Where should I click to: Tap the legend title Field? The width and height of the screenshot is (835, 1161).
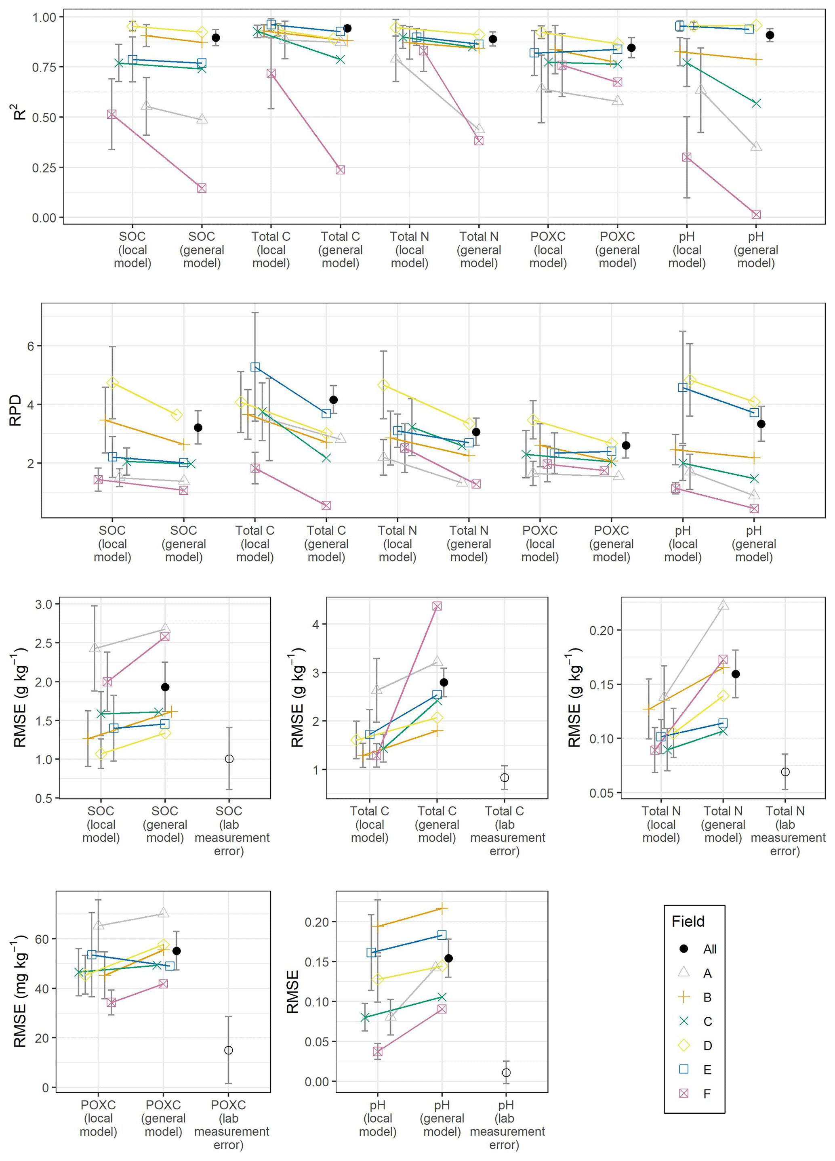688,922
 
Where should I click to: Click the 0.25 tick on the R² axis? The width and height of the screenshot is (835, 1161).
44,168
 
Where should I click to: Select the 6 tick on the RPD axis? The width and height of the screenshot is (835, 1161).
31,346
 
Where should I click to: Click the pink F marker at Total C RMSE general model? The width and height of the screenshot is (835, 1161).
437,606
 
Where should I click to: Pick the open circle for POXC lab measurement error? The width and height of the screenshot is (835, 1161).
229,1050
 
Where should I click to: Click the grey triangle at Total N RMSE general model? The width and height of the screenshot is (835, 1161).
723,605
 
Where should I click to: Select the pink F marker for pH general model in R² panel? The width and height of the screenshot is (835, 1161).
756,214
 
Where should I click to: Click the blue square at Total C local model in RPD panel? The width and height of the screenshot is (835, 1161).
255,367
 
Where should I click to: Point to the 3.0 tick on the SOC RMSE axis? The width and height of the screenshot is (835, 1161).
44,604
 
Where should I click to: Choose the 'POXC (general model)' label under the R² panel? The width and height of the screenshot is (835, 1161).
617,250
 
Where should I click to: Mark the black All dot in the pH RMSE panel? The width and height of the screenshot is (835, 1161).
448,958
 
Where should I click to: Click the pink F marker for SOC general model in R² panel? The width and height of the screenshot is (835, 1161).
202,188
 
